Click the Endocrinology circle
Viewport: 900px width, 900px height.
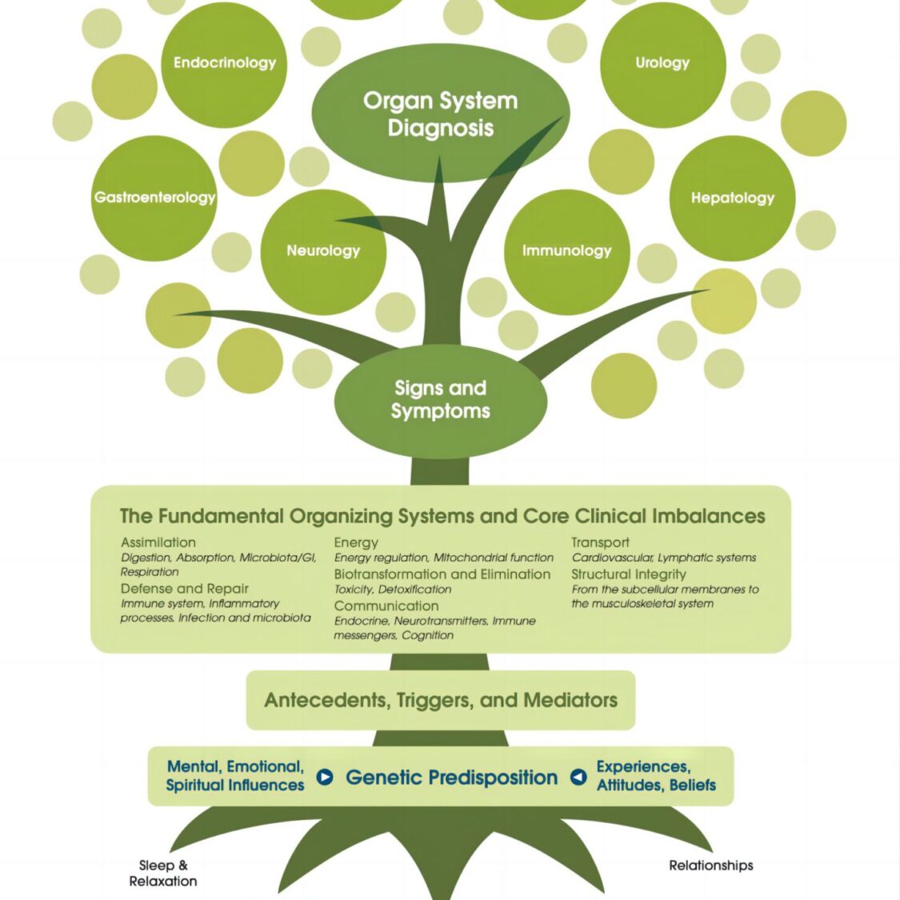(x=224, y=64)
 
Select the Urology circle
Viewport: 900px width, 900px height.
(x=662, y=64)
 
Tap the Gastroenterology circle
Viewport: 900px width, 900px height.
(x=154, y=198)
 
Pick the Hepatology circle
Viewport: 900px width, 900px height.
(x=732, y=198)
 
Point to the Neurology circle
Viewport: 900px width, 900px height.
(x=323, y=251)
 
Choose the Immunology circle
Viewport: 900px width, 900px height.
(x=566, y=251)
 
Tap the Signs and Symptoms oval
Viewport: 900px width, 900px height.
(x=440, y=399)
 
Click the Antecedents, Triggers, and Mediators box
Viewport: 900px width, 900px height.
(x=441, y=700)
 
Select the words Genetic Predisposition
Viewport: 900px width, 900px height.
(x=451, y=777)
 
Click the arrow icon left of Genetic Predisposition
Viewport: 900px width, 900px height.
(x=325, y=777)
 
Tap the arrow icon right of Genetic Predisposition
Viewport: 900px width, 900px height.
(x=578, y=777)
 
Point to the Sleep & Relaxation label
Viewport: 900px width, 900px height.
(x=163, y=873)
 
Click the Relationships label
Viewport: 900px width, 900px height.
(x=710, y=865)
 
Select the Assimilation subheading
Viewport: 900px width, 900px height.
(x=158, y=542)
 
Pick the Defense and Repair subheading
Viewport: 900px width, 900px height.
(x=185, y=589)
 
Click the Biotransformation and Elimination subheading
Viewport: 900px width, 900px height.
(x=442, y=574)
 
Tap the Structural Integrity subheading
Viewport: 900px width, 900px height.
(x=629, y=574)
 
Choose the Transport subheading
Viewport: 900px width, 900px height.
(x=600, y=542)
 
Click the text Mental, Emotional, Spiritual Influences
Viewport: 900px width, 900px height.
(x=235, y=776)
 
